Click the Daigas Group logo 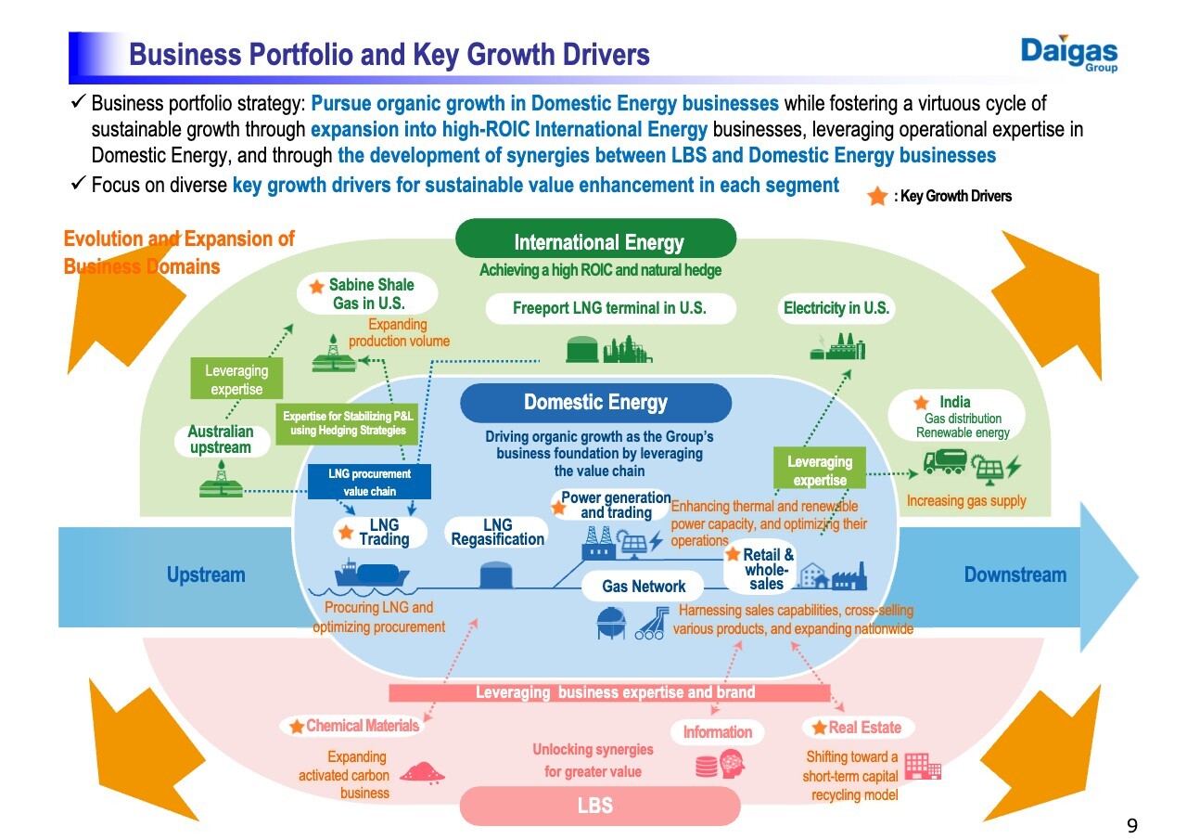1069,54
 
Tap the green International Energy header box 597,240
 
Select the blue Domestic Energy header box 595,403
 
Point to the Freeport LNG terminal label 609,308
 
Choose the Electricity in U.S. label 836,308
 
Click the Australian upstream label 220,440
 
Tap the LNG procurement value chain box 369,482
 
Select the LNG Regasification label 498,533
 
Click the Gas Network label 644,586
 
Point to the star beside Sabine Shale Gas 317,287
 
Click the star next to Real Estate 819,728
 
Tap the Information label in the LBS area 717,732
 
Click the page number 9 1131,826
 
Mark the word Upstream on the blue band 206,574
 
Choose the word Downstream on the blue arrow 1015,574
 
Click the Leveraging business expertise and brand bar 609,692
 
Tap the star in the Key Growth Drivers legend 877,196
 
